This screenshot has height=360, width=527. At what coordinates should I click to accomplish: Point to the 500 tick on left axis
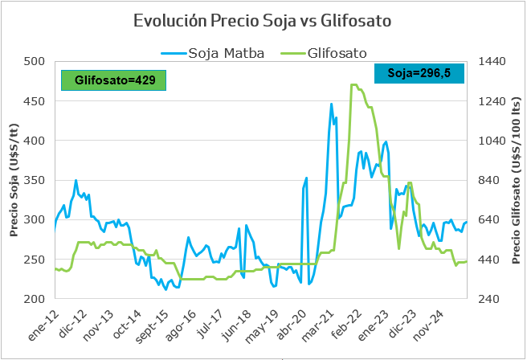(35, 61)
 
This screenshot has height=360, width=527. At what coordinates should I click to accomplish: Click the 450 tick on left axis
(35, 101)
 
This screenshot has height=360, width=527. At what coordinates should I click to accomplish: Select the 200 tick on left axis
(35, 299)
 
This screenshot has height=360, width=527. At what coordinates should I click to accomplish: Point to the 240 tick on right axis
(488, 299)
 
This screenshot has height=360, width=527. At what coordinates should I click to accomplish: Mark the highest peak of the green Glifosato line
(353, 84)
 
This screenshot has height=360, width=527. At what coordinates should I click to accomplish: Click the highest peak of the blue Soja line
(332, 104)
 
